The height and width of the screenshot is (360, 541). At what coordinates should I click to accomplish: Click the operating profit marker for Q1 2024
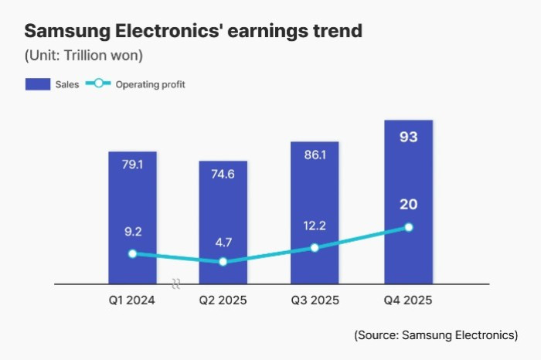pos(132,253)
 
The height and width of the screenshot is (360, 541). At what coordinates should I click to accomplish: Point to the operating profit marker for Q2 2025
pos(223,262)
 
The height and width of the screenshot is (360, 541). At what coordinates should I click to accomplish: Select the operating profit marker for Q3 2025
pos(315,248)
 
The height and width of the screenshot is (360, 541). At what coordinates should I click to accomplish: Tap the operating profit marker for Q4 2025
pos(409,227)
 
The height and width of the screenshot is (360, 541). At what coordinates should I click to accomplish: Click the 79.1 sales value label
pos(132,165)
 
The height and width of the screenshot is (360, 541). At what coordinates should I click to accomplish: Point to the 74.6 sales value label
pos(223,175)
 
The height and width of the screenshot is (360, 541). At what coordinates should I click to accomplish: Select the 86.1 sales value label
pos(315,155)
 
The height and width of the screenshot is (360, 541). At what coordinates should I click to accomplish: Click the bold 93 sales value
pos(408,138)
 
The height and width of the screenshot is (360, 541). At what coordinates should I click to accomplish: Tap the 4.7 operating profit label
pos(223,242)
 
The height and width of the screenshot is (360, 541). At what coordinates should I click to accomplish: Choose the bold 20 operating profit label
pos(408,204)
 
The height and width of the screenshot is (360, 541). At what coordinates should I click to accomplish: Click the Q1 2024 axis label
pos(132,301)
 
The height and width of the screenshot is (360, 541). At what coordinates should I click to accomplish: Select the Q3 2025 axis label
pos(315,301)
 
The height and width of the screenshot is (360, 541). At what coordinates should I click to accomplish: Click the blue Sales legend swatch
pos(38,84)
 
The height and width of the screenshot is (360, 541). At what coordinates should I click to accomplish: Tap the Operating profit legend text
pos(150,84)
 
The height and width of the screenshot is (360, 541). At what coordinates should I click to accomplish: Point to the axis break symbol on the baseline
pos(176,284)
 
